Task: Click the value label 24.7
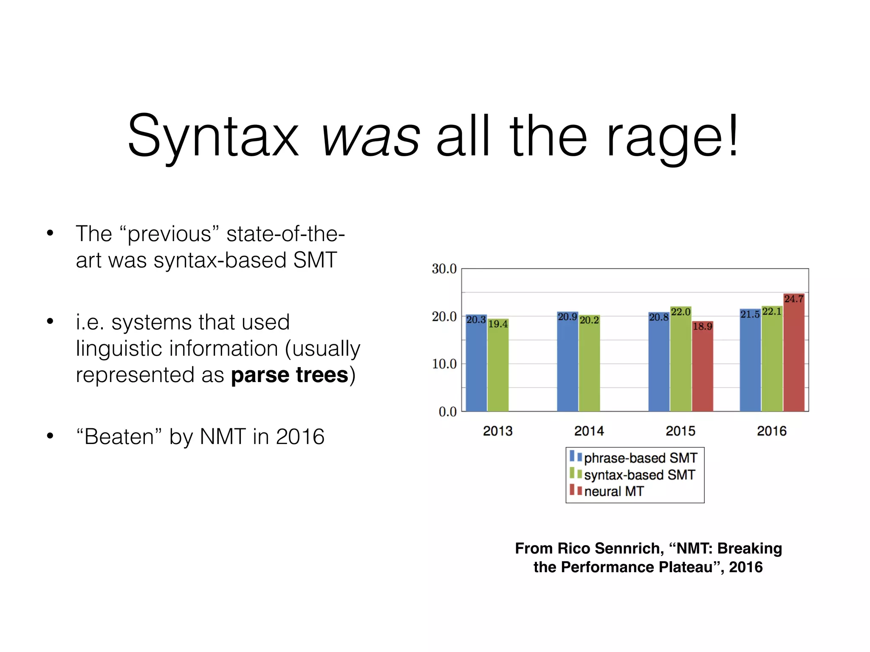tap(794, 299)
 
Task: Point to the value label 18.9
tap(702, 326)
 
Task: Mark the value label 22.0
tap(681, 312)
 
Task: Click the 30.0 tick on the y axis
tap(444, 269)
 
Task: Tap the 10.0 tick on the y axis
tap(444, 364)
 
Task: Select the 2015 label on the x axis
tap(681, 431)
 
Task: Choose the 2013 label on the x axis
tap(498, 431)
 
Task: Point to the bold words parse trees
tap(290, 375)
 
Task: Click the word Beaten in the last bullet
tap(119, 437)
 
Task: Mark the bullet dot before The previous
tap(50, 233)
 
